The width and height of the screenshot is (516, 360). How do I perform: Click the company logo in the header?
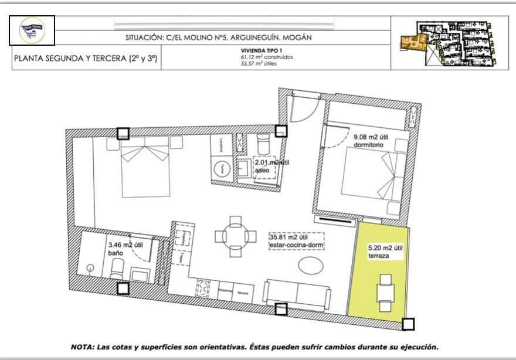pyautogui.click(x=32, y=30)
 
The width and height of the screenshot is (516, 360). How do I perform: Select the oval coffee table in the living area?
pyautogui.click(x=310, y=265)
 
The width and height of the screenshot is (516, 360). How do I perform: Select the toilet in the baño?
pyautogui.click(x=117, y=270)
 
